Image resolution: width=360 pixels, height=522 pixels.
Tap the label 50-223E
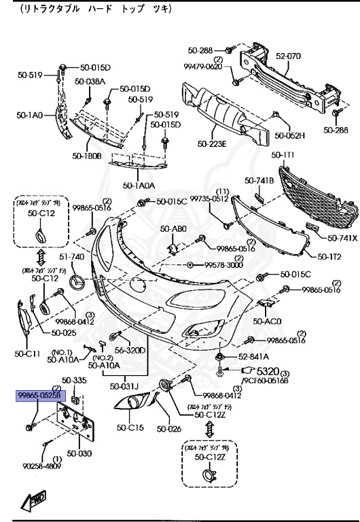(x=212, y=143)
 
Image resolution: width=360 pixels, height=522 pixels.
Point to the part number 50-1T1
(x=283, y=154)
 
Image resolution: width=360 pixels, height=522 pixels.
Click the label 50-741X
(x=342, y=238)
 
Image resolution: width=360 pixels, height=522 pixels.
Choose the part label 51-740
(x=72, y=257)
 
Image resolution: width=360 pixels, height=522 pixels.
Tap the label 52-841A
(x=253, y=357)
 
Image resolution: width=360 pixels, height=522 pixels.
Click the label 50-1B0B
(x=86, y=156)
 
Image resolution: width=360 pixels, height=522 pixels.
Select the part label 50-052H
(x=293, y=135)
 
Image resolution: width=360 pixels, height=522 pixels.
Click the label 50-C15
(x=130, y=428)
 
